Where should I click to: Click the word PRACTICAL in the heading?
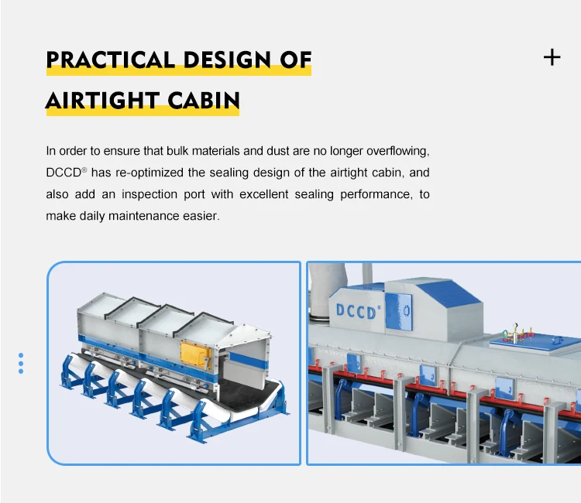pos(99,60)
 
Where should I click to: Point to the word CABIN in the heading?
pos(203,101)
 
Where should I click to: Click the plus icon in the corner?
pos(552,56)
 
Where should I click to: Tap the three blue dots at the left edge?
pos(21,363)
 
